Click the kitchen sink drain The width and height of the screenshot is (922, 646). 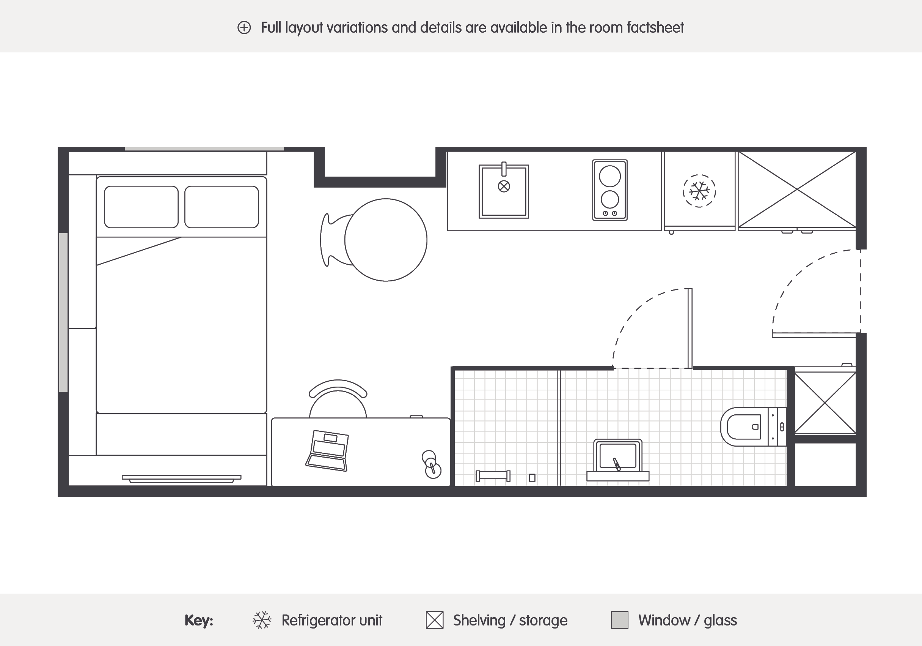tap(504, 186)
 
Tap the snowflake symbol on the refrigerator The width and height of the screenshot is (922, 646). tap(699, 191)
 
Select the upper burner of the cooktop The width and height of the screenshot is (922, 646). tap(609, 176)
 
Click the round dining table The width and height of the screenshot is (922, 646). tap(385, 240)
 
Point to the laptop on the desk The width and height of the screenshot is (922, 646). tap(327, 450)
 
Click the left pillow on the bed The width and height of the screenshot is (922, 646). tap(141, 207)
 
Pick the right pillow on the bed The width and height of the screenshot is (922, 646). tap(221, 207)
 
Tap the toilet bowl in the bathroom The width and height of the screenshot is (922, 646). tap(743, 427)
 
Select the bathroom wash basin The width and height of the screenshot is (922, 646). tap(617, 456)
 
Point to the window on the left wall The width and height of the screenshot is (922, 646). tap(63, 312)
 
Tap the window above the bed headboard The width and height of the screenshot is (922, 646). tap(204, 149)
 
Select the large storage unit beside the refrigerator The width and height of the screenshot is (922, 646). tap(797, 190)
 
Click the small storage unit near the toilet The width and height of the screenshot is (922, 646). tap(825, 403)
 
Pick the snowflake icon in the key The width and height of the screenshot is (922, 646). tap(262, 620)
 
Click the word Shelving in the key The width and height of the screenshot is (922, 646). tap(479, 620)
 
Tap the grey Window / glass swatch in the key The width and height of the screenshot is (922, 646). tap(619, 620)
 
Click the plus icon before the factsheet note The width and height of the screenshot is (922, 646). tap(244, 28)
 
